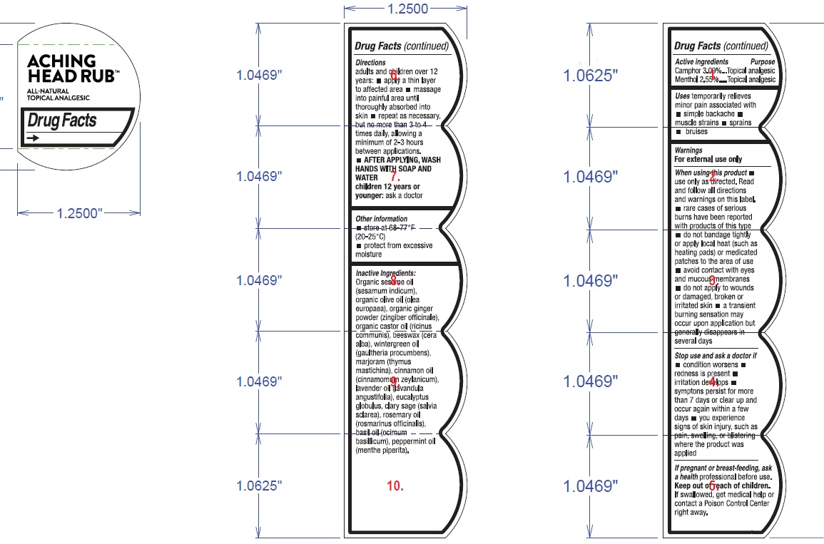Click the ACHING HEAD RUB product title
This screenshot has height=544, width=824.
tap(72, 68)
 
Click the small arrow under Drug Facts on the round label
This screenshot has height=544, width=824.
tap(33, 138)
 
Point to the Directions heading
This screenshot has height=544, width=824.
tap(370, 63)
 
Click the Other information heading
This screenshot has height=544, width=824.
tap(381, 219)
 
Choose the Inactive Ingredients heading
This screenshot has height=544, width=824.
tap(385, 273)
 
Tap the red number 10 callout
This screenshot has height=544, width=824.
tap(395, 486)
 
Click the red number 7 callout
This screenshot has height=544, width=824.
tap(395, 177)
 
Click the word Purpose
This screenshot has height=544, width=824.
tap(762, 62)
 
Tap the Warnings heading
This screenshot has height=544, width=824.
tap(688, 150)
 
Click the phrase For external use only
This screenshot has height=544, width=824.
tap(708, 160)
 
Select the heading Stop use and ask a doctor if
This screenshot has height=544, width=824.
tap(715, 355)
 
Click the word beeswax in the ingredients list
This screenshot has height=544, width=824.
tap(405, 335)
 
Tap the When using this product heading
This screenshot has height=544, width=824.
tap(711, 173)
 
